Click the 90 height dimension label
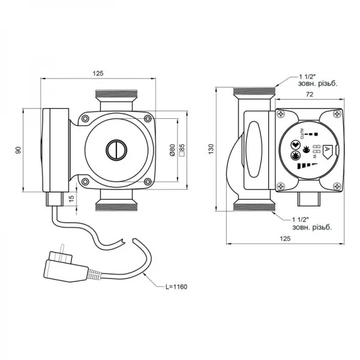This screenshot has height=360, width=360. point(19,149)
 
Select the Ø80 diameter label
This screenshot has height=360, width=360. point(172,150)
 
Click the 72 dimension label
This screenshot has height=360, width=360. point(310,95)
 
